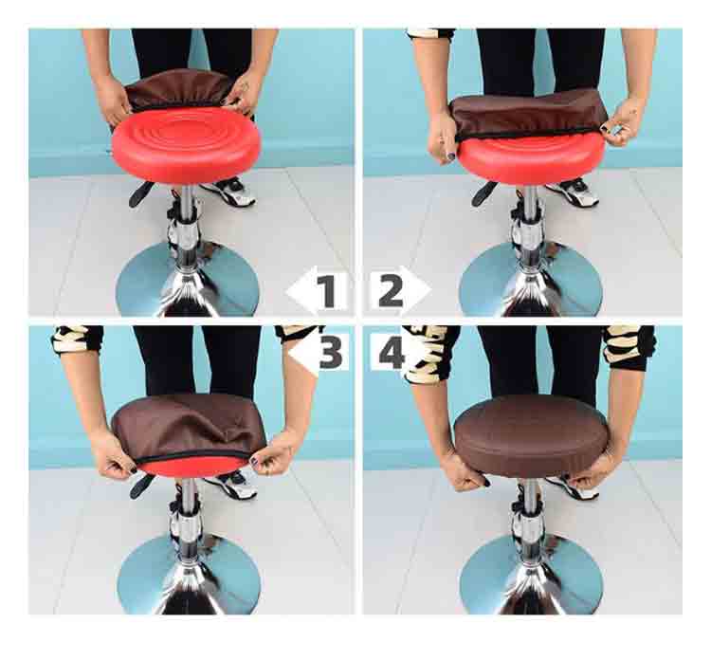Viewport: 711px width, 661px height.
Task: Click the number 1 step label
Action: pyautogui.click(x=327, y=291)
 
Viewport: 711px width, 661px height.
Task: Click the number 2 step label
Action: pyautogui.click(x=391, y=291)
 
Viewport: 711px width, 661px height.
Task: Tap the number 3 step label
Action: pyautogui.click(x=331, y=351)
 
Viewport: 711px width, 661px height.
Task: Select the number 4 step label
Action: pyautogui.click(x=391, y=351)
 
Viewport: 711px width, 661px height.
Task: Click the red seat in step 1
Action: pyautogui.click(x=186, y=145)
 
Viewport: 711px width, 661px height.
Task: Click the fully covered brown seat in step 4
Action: pyautogui.click(x=531, y=435)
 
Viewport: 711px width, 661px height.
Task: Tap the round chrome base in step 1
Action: pyautogui.click(x=188, y=281)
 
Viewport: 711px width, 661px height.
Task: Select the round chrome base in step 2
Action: pyautogui.click(x=531, y=281)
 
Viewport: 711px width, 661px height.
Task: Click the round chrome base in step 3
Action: pyautogui.click(x=189, y=576)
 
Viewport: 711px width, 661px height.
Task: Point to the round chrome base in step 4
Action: pyautogui.click(x=531, y=576)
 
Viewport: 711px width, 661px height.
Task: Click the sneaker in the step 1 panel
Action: pyautogui.click(x=230, y=192)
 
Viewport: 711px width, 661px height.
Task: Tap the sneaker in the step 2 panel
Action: pyautogui.click(x=573, y=193)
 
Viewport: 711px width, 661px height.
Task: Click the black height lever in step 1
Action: pyautogui.click(x=141, y=193)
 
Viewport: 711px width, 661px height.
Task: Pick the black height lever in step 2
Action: pyautogui.click(x=483, y=193)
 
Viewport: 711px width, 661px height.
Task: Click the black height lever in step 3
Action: pyautogui.click(x=141, y=487)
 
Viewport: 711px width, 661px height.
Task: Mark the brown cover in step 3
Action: pyautogui.click(x=189, y=427)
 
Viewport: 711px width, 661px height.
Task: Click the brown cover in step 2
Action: pyautogui.click(x=529, y=114)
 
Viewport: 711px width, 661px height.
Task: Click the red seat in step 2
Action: pyautogui.click(x=531, y=158)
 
